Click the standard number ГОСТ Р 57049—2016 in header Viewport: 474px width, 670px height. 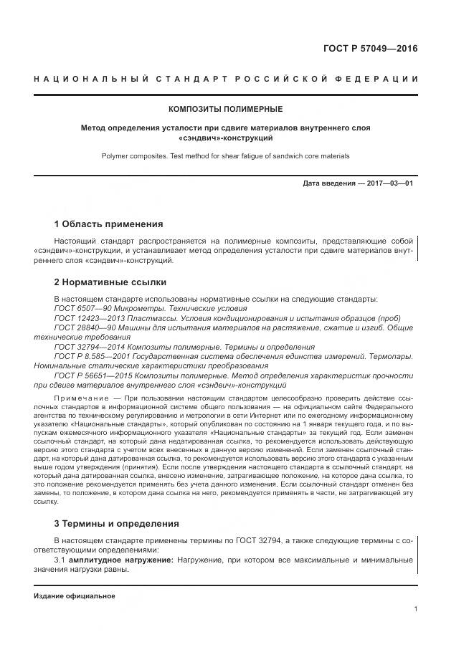coord(369,49)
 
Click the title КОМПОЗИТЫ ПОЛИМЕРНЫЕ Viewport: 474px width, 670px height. coord(225,109)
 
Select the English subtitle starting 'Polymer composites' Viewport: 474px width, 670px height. coord(225,155)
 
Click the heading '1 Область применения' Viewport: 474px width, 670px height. coord(108,224)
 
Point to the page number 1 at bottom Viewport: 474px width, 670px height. coord(415,608)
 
